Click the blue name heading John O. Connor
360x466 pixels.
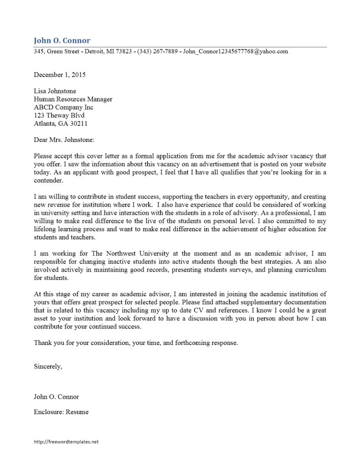[x=62, y=41]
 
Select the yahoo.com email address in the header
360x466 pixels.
[x=235, y=51]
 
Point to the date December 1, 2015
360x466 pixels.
[x=60, y=75]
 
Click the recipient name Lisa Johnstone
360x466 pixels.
[x=55, y=91]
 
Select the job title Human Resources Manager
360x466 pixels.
[x=73, y=99]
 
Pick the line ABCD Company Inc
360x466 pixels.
[x=63, y=107]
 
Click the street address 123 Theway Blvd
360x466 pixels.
[x=59, y=116]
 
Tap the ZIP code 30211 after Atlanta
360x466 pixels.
[x=78, y=124]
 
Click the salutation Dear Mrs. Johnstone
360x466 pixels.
[x=64, y=140]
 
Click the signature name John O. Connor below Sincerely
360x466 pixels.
[x=56, y=397]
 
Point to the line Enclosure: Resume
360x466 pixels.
[x=61, y=412]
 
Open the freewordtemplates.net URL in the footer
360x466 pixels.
[x=66, y=442]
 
